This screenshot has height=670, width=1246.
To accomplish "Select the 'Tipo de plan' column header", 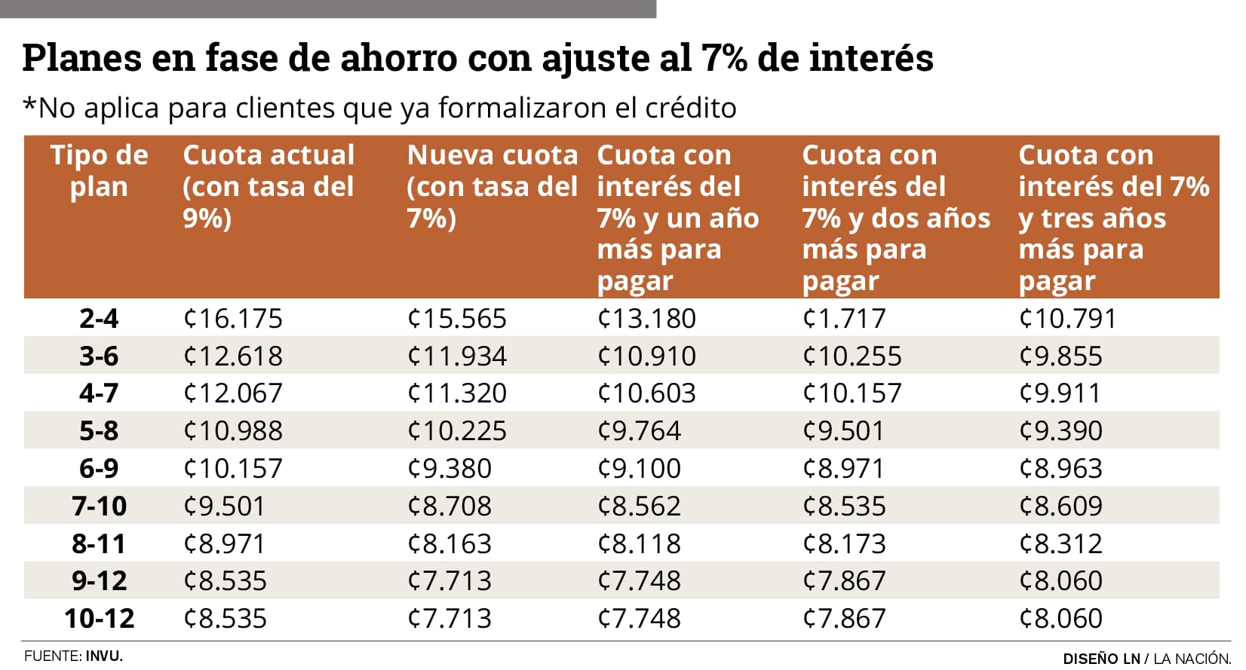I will (99, 170).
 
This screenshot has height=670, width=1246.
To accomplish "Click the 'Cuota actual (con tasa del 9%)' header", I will (269, 186).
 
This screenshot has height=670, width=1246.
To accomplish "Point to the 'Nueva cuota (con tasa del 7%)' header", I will (492, 186).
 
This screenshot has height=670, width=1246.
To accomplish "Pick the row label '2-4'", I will (99, 318).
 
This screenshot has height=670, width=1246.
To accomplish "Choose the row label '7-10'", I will (99, 506).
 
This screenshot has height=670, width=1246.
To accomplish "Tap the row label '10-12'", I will (99, 619).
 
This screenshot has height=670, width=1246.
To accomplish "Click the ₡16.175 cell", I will (233, 318).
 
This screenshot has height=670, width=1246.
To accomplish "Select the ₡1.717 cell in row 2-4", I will (844, 318).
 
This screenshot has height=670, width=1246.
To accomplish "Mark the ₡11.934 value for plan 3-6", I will (457, 356).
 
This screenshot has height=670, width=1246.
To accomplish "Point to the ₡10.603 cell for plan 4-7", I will (646, 393).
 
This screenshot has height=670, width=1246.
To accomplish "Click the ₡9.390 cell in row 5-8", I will (1060, 431).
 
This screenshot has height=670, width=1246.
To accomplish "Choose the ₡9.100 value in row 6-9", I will (639, 469).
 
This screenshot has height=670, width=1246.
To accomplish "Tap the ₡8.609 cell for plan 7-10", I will (1060, 506).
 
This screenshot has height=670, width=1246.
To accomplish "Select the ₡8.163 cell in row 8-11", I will (450, 543).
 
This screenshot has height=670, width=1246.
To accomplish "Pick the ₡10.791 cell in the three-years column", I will (1067, 318).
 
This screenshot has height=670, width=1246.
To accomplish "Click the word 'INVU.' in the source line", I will (104, 656).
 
